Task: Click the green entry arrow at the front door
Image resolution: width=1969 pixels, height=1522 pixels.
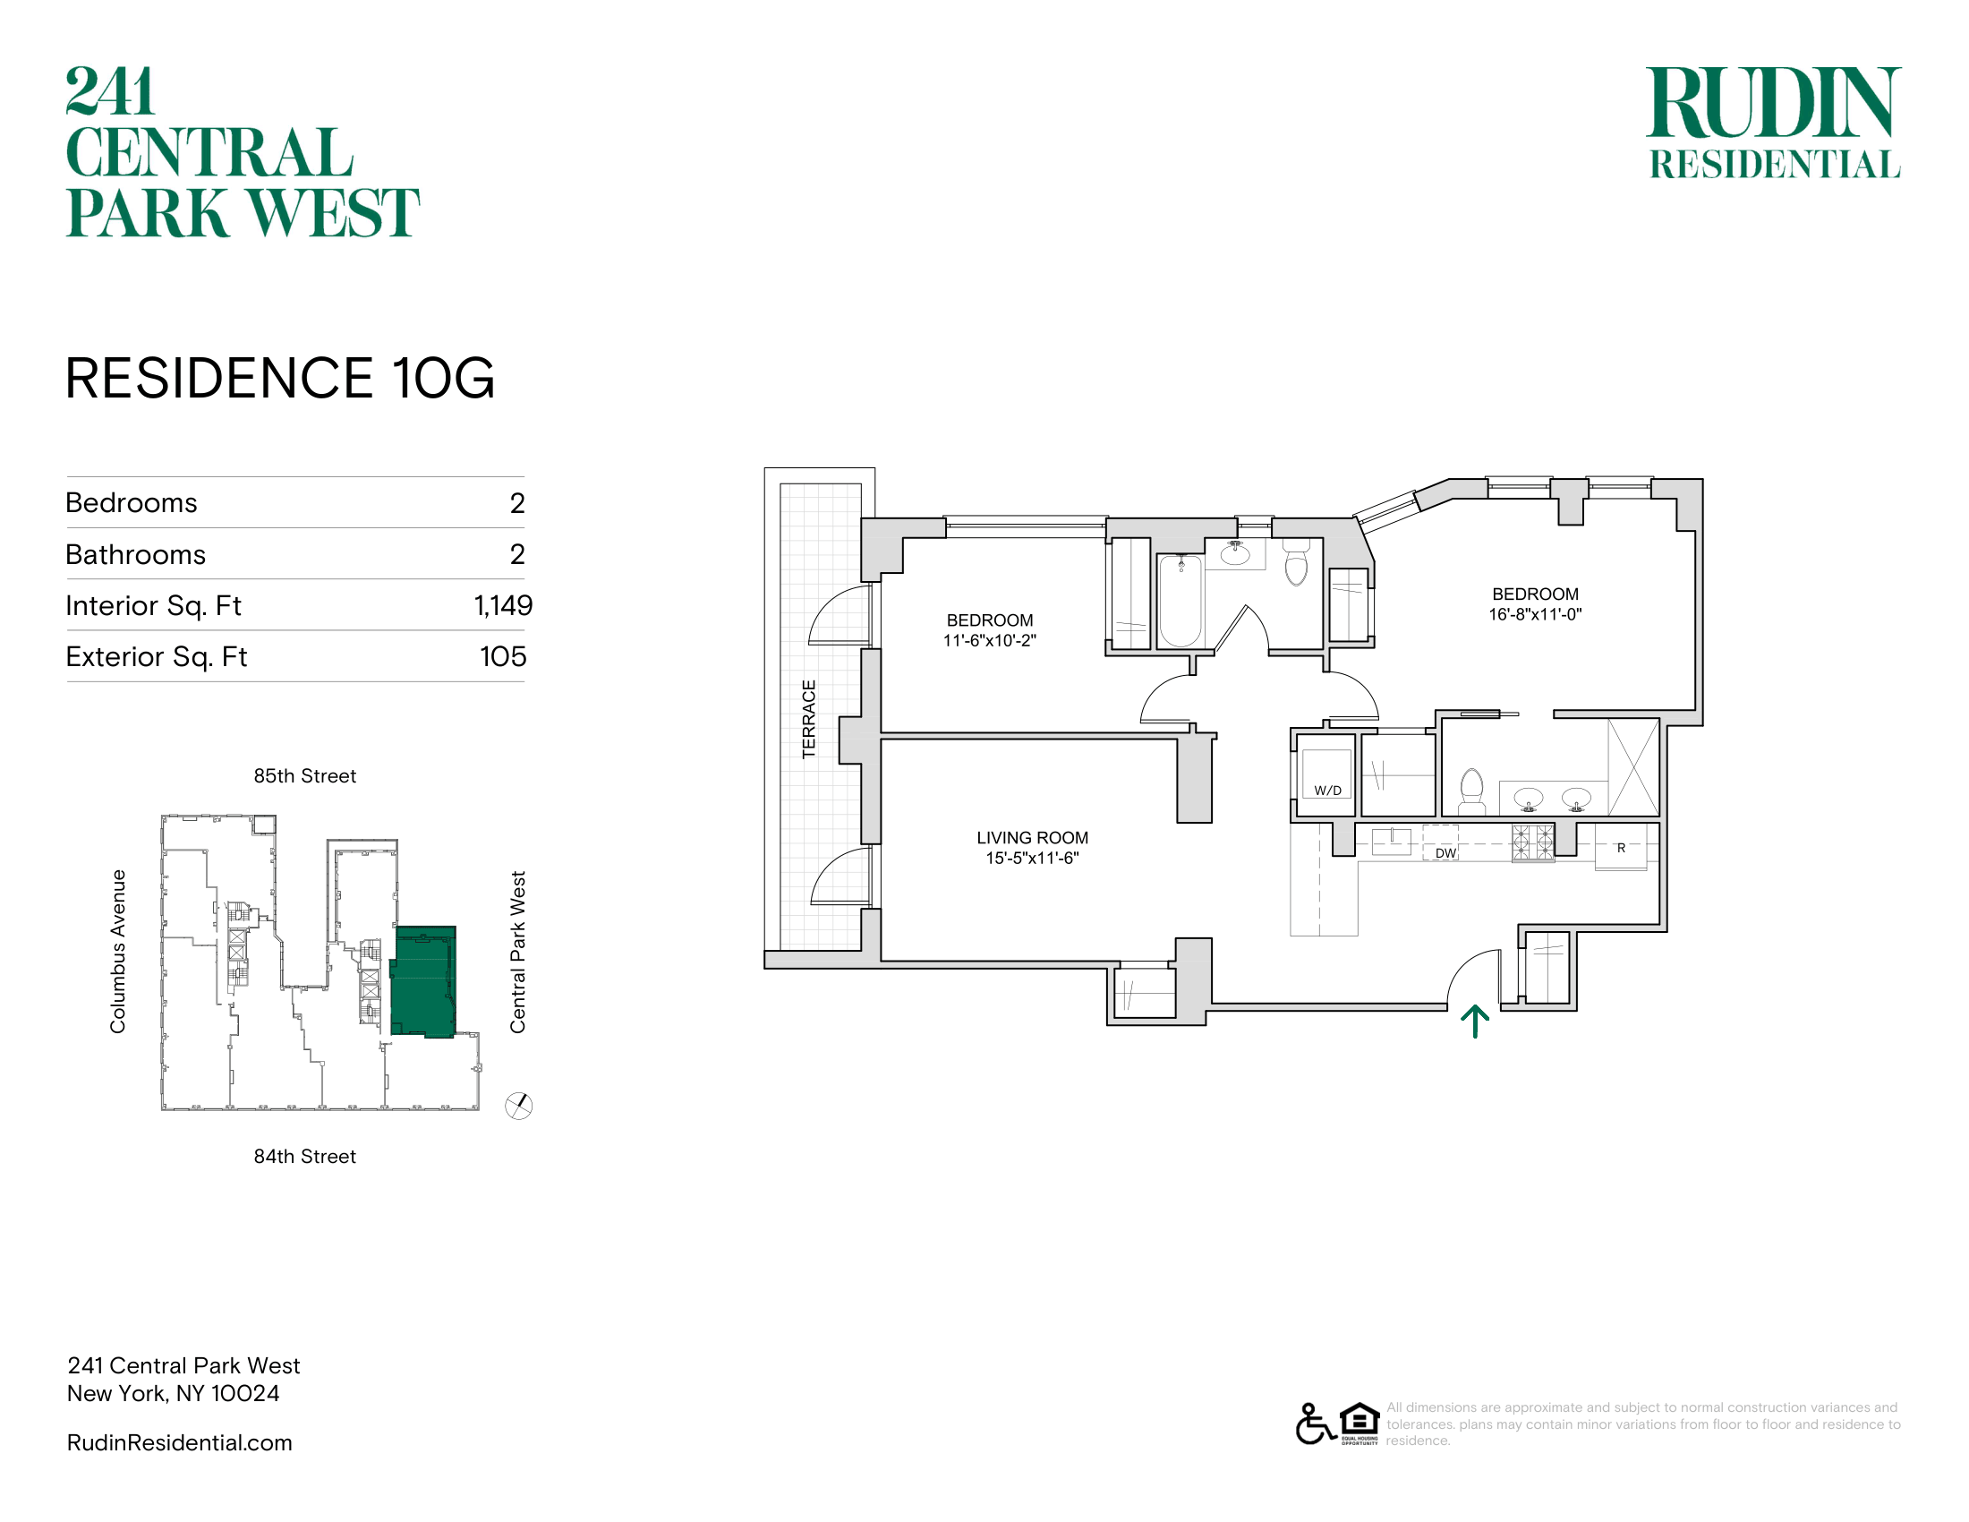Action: tap(1475, 1022)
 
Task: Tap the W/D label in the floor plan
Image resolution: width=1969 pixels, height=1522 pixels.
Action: tap(1327, 791)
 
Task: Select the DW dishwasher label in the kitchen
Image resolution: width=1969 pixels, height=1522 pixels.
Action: tap(1445, 853)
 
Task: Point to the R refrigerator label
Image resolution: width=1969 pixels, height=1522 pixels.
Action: tap(1621, 848)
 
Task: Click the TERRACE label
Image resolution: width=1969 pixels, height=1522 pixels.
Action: tap(809, 719)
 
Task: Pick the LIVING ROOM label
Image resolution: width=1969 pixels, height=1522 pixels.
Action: tap(1032, 838)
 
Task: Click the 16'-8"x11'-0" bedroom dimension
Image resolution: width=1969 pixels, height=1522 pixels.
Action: tap(1535, 615)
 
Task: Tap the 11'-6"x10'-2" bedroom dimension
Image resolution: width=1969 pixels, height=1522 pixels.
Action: tap(990, 641)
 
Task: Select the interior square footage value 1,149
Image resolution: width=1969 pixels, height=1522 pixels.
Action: tap(503, 606)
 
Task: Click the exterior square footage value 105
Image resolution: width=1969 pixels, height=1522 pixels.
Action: tap(503, 656)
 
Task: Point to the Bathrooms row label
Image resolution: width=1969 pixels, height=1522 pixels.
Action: tap(136, 554)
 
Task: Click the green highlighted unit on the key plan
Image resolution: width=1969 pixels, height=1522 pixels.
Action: tap(423, 982)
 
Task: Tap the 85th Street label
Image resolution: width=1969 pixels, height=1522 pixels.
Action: tap(304, 776)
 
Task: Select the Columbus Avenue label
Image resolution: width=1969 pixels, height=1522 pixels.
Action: tap(118, 951)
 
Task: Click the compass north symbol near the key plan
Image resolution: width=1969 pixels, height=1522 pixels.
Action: tap(518, 1106)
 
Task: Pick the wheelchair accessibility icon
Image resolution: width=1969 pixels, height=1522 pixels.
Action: tap(1316, 1424)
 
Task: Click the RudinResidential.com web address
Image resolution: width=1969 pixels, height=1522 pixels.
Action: tap(179, 1442)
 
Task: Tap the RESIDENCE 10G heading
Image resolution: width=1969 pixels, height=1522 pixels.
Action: tap(280, 378)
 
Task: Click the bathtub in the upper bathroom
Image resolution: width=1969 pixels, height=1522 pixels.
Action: tap(1181, 601)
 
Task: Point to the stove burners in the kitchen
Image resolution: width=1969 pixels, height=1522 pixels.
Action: tap(1532, 843)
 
